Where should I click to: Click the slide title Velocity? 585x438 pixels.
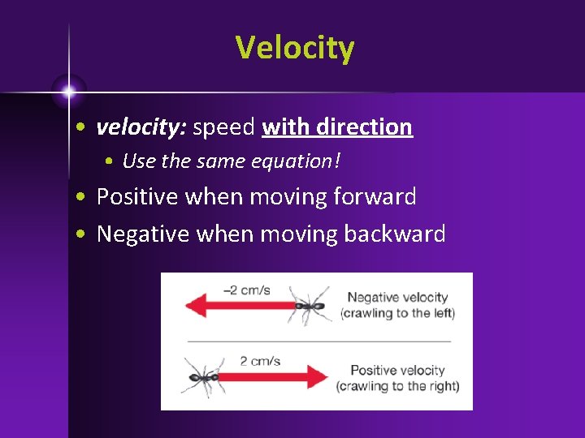tap(295, 48)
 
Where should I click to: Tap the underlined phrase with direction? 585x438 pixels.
tap(337, 127)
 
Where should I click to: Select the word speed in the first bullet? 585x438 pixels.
tap(224, 127)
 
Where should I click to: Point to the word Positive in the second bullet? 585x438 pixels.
tap(140, 196)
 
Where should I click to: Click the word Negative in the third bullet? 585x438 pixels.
tap(145, 234)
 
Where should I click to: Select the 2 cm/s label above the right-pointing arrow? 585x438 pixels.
tap(259, 361)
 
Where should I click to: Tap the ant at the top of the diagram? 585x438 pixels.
tap(309, 305)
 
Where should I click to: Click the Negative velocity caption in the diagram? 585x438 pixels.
tap(397, 298)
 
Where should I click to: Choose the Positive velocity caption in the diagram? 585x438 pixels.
tap(397, 371)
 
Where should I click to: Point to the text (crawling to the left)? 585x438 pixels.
tap(397, 313)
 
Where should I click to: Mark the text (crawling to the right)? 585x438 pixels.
tap(397, 386)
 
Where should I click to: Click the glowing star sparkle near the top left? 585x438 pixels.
tap(69, 89)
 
